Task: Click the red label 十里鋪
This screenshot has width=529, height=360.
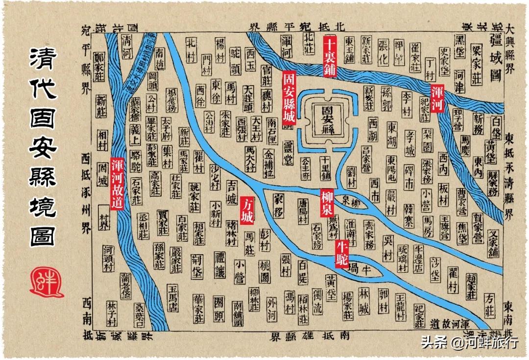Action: pyautogui.click(x=330, y=57)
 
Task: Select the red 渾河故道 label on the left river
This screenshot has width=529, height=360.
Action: pyautogui.click(x=117, y=183)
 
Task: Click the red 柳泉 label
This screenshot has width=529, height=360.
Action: pyautogui.click(x=327, y=200)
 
